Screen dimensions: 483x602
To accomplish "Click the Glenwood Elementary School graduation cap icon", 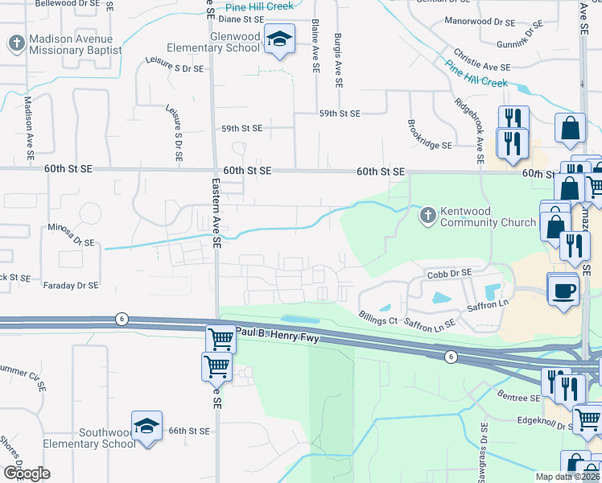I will (279, 39).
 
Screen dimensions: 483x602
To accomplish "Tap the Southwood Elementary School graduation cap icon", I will (146, 426).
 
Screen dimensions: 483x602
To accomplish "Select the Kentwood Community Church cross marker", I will (427, 215).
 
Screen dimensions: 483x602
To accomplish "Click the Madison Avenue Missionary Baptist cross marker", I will (16, 43).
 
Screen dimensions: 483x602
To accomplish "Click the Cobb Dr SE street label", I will (448, 275).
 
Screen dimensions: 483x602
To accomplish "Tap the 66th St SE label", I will (188, 431).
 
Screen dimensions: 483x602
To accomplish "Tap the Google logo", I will (27, 473).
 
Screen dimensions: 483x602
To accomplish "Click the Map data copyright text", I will (568, 477).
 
